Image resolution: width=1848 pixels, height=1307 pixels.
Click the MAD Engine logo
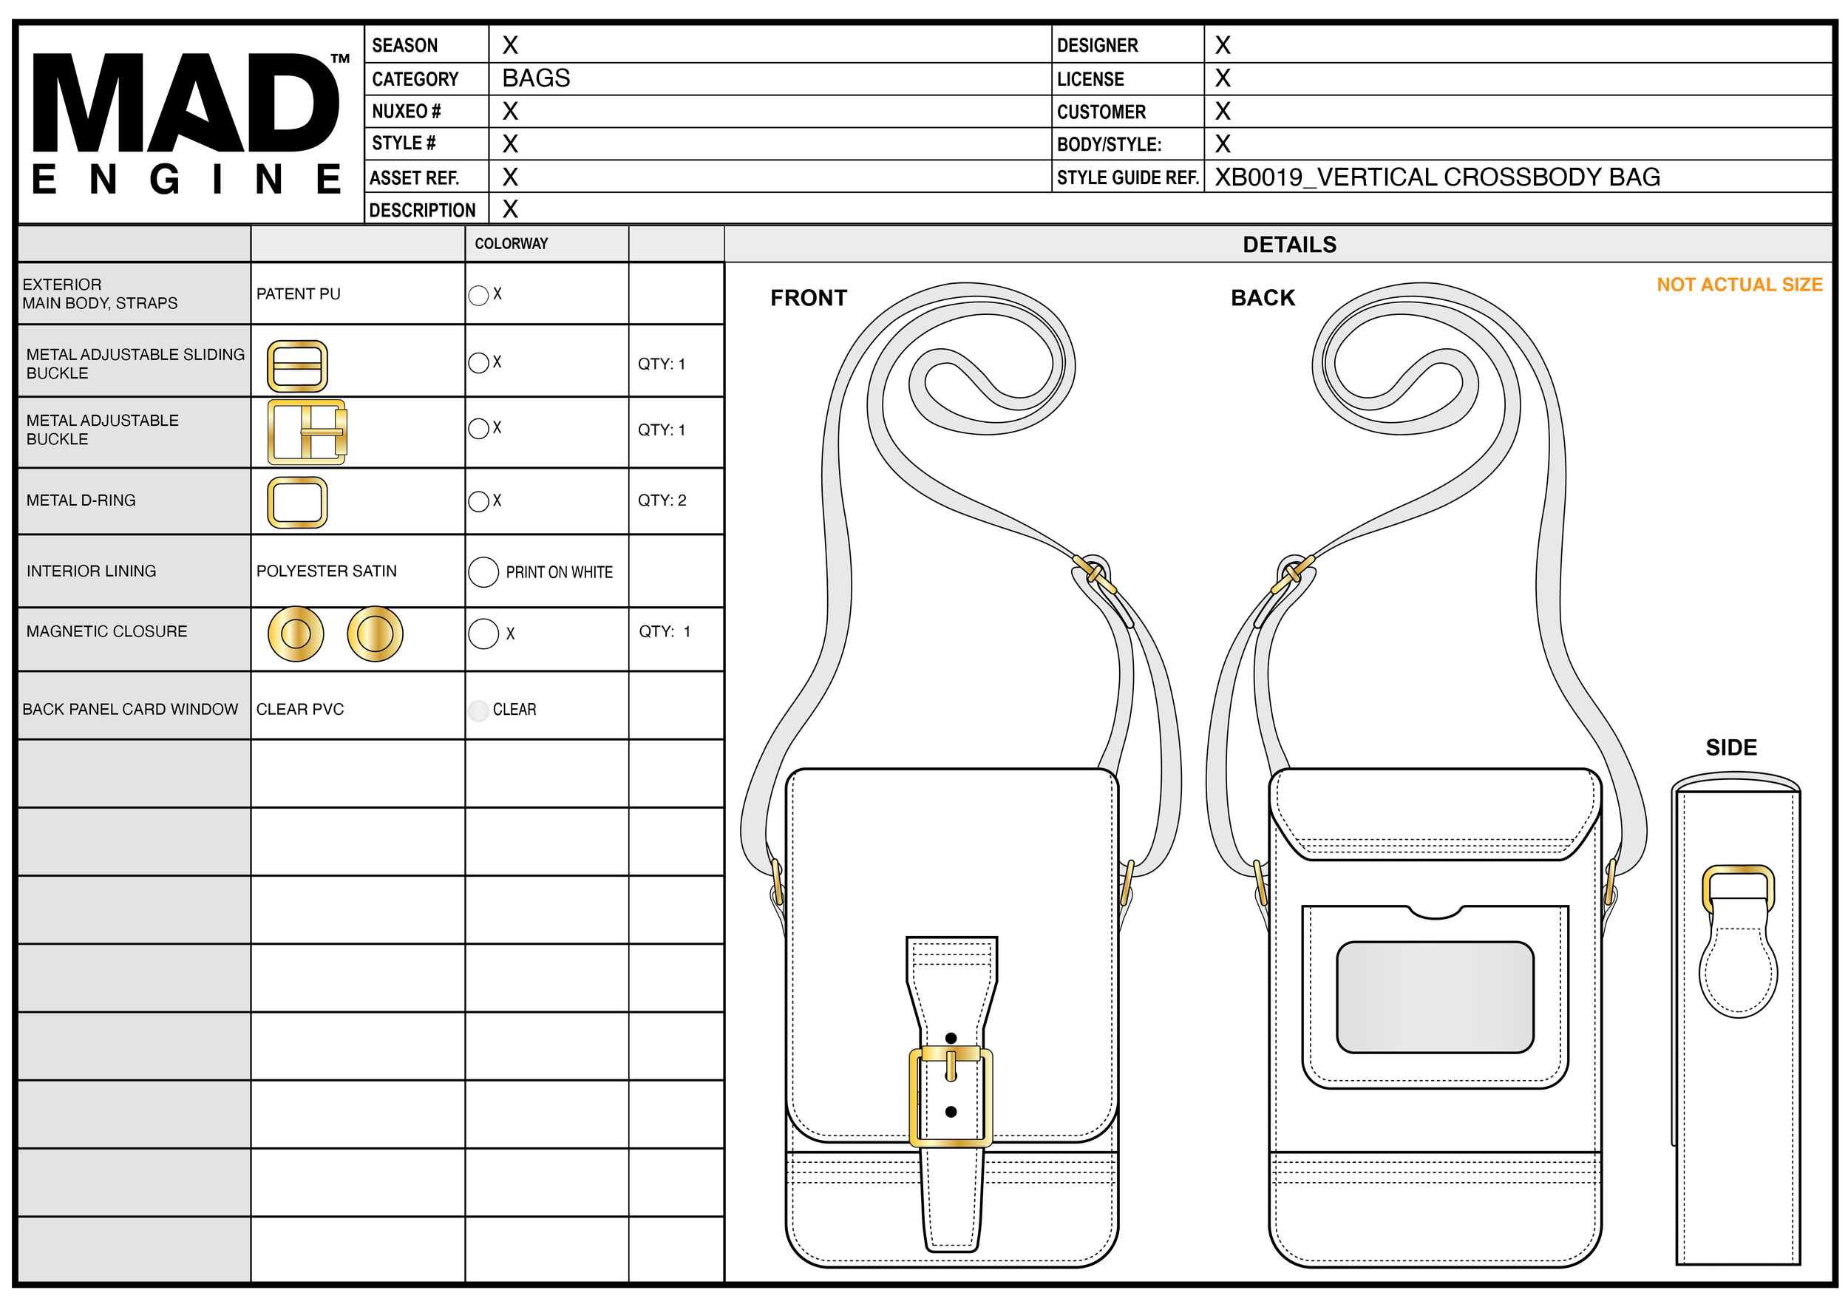pos(191,124)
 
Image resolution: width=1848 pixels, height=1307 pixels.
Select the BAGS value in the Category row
pos(536,78)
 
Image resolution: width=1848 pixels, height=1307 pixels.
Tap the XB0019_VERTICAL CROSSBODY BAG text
pos(1438,177)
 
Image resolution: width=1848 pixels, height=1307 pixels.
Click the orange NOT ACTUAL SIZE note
pos(1739,285)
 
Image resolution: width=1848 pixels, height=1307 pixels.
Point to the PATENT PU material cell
pos(299,293)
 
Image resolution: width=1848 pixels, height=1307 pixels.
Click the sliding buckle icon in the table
pos(297,366)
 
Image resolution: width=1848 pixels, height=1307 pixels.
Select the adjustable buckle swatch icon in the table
pos(308,432)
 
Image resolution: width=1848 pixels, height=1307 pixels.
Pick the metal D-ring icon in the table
pos(297,502)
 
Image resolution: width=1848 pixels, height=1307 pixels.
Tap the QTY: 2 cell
pos(662,500)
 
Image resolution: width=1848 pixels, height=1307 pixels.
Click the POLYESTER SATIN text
pos(327,571)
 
